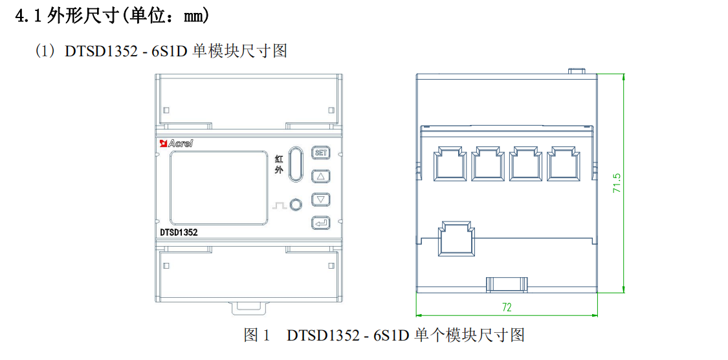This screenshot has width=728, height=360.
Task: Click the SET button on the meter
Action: [321, 153]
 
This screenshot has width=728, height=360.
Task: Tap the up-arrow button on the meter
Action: [321, 176]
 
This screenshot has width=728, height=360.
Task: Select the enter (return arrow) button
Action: [321, 223]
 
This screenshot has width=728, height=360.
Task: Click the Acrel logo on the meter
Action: [176, 143]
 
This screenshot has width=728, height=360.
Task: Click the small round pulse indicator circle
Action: [295, 205]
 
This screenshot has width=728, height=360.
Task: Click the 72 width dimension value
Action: [507, 306]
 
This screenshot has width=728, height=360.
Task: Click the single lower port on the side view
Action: [457, 240]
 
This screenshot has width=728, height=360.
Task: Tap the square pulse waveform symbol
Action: [278, 205]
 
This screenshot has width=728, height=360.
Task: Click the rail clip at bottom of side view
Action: [507, 284]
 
